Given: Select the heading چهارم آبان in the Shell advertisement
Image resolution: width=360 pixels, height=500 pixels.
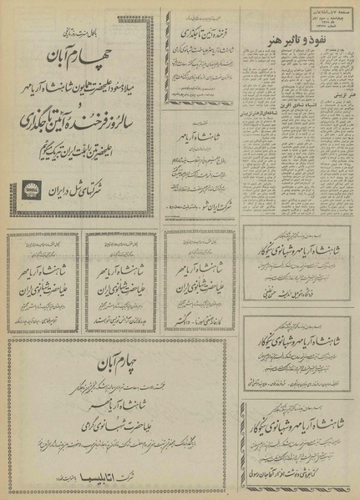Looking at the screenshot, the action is pos(81,61).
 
